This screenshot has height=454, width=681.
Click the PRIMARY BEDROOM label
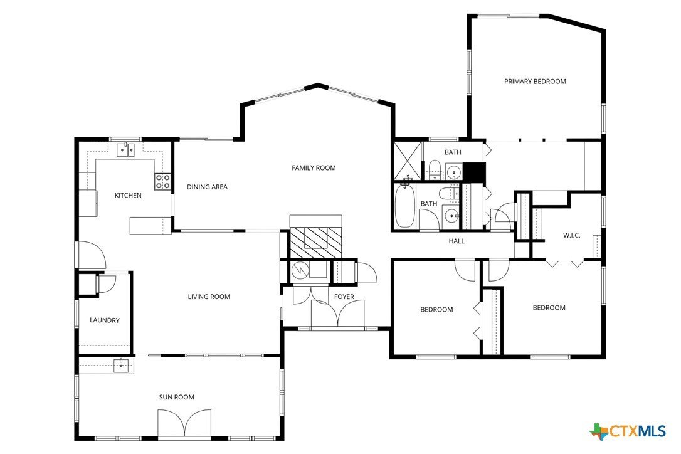tap(535, 82)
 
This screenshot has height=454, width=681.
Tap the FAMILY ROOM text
tap(314, 168)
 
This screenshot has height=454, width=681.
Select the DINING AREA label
tap(207, 187)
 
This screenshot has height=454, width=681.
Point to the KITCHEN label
tap(128, 196)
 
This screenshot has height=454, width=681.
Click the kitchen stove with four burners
tap(162, 182)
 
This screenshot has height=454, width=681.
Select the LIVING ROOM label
tap(209, 297)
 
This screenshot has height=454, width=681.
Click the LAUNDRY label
tap(104, 320)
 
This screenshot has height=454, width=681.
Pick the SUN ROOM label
tap(176, 397)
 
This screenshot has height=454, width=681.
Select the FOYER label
tap(344, 297)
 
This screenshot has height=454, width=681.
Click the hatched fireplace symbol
tap(316, 239)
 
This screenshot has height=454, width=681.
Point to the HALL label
tap(457, 241)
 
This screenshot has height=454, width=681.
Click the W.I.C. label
tap(571, 236)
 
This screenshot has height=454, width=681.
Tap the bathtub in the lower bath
tap(404, 208)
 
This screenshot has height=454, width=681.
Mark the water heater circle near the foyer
tap(298, 270)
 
